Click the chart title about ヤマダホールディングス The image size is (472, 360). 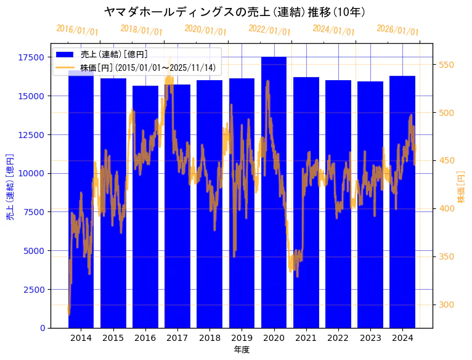(235, 12)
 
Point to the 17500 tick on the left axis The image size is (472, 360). (31, 57)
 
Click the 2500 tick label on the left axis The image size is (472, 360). (33, 289)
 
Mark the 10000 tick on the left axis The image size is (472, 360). (31, 173)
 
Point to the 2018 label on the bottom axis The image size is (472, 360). (210, 338)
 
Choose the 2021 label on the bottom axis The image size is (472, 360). (306, 338)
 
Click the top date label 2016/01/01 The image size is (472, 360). (77, 30)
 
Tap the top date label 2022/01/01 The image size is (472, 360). (269, 30)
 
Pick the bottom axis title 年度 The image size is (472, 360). (242, 350)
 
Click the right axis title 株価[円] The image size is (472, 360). (462, 189)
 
